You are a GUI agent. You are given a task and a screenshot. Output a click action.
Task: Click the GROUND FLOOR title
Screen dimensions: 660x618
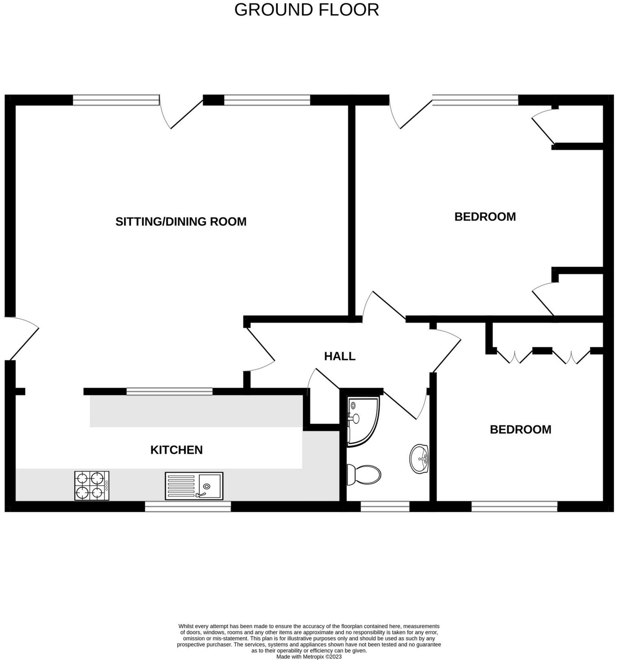(307, 10)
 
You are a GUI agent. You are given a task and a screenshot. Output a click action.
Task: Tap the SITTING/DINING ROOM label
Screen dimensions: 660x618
(181, 222)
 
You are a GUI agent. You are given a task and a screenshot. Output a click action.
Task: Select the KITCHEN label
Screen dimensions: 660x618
(176, 450)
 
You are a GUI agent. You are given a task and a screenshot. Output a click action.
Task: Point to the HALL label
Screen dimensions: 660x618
(339, 356)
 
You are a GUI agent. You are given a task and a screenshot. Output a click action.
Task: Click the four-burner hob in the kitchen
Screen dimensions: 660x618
(92, 486)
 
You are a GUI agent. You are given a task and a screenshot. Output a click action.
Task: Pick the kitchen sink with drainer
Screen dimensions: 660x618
(194, 486)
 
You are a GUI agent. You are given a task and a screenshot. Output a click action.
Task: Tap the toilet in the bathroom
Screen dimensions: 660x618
(364, 475)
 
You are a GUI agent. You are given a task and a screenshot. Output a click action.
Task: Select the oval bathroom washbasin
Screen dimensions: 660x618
(419, 459)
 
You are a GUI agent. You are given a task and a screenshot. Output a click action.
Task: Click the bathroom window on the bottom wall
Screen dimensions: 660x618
(385, 506)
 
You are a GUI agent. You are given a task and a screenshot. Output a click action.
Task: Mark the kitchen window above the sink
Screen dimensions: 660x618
(188, 506)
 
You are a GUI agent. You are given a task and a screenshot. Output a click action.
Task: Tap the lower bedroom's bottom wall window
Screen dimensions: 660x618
(514, 506)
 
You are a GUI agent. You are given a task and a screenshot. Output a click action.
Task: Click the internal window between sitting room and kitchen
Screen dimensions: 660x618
(169, 392)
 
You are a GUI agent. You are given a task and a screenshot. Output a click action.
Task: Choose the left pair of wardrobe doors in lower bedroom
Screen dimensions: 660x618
(514, 356)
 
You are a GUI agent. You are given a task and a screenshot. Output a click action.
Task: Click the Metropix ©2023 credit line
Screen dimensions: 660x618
(309, 656)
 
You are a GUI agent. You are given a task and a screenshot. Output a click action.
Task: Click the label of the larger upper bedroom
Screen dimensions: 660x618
(485, 217)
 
